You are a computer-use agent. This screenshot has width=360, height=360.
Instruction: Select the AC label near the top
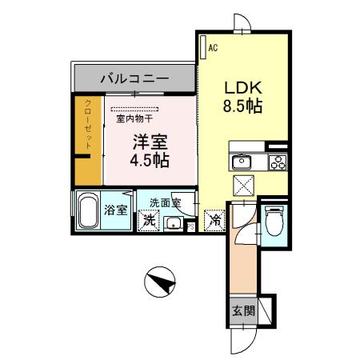pos(213,48)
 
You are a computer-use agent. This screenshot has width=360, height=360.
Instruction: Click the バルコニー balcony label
pos(134,79)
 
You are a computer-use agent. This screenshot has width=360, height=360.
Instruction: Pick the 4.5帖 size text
pos(150,159)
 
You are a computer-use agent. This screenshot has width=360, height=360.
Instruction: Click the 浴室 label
pos(116,210)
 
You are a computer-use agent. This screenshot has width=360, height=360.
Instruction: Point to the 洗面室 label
pos(164,202)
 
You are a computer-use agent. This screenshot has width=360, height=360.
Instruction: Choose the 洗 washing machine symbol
pos(148,220)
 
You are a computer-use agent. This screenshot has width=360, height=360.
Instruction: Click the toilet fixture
pos(274,221)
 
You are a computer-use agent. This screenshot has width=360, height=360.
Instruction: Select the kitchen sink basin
pos(242,162)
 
